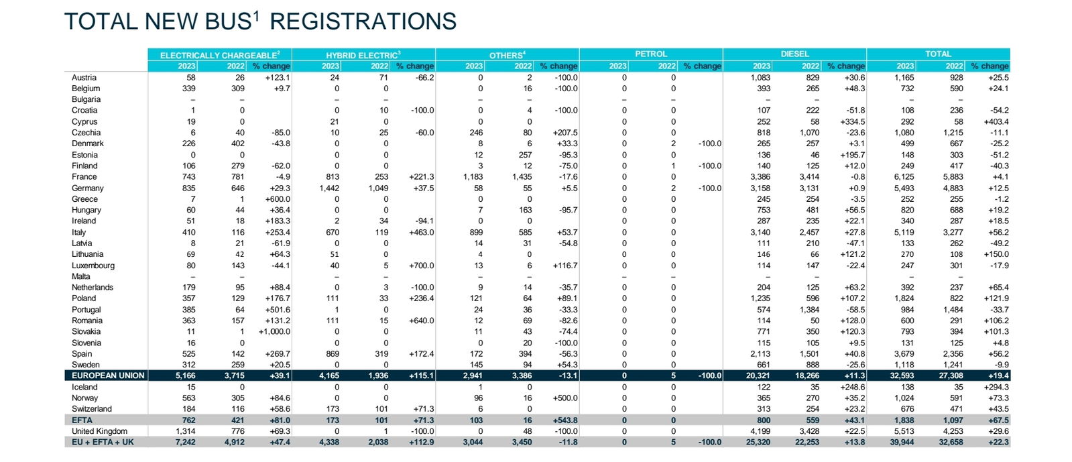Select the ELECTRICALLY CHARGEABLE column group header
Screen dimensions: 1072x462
point(220,55)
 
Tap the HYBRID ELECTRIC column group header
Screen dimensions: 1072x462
point(363,55)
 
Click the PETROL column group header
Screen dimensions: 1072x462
point(651,54)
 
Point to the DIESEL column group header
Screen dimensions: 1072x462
point(795,54)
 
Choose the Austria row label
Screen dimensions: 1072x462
point(84,78)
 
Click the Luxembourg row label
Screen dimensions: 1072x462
point(93,266)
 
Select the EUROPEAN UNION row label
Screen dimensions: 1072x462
point(108,376)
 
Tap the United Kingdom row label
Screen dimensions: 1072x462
point(99,431)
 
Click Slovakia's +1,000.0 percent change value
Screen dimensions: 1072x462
point(275,332)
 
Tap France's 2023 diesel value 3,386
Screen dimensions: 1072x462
point(760,177)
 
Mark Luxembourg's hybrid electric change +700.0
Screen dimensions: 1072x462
point(422,266)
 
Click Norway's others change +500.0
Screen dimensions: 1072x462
point(565,398)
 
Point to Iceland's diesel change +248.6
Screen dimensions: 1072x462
point(852,388)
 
